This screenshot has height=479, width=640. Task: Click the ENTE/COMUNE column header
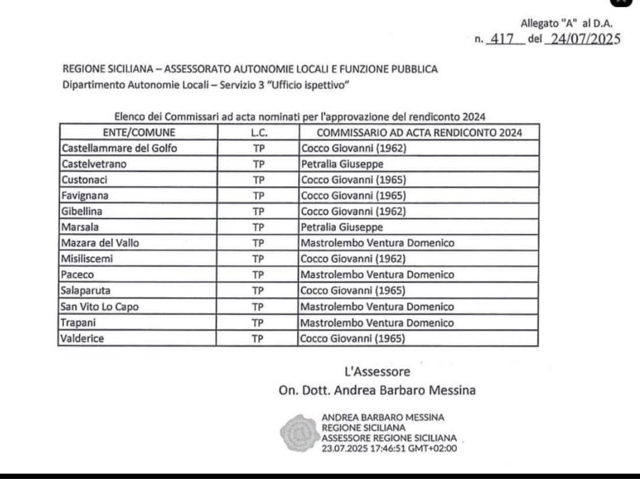tap(138, 132)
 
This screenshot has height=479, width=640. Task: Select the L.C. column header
tap(259, 132)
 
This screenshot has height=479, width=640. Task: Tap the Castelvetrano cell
tap(94, 164)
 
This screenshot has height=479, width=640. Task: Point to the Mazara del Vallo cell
tap(100, 243)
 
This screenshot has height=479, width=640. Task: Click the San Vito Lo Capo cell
tap(100, 307)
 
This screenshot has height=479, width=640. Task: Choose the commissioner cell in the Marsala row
tap(342, 227)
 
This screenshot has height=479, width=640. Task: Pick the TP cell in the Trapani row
tap(258, 323)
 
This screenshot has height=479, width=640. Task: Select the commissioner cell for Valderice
tap(353, 339)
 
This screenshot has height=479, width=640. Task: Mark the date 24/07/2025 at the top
tap(578, 39)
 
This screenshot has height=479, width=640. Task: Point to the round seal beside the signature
tap(299, 432)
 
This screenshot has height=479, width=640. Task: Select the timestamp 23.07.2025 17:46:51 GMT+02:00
tap(389, 448)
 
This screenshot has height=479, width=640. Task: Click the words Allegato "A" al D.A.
tap(567, 24)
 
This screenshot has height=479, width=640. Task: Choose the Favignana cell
tap(85, 196)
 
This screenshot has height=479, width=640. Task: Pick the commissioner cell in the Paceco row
tap(377, 275)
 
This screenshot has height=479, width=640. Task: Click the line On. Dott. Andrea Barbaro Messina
tap(377, 390)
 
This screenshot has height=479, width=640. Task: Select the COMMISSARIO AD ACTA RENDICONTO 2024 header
tap(419, 132)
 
